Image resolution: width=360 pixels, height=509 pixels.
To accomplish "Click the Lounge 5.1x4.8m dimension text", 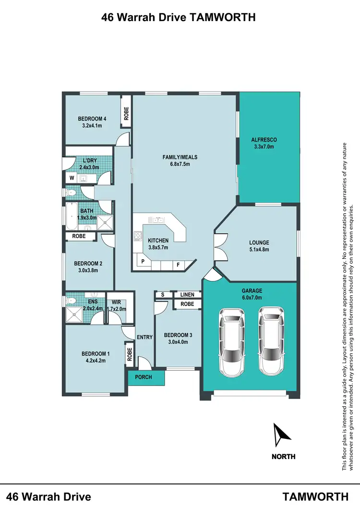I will [259, 250].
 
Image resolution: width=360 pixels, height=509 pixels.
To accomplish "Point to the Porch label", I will [143, 377].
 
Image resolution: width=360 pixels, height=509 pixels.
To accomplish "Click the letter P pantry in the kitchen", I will [143, 263].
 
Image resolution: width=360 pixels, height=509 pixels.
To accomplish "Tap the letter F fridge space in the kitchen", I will [178, 264].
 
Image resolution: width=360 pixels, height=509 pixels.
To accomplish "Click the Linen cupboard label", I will [187, 294].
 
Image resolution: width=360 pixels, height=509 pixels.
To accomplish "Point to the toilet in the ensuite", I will [71, 301].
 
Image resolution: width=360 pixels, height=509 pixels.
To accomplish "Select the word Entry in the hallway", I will [144, 337].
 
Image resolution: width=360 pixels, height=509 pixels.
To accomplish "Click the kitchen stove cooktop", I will [138, 235].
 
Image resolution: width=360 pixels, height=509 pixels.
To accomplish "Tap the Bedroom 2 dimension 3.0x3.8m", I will [88, 270].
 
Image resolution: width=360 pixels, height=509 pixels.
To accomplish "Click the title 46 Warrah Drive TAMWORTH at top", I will [178, 18].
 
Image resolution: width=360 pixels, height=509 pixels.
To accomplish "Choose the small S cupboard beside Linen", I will [163, 294].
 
